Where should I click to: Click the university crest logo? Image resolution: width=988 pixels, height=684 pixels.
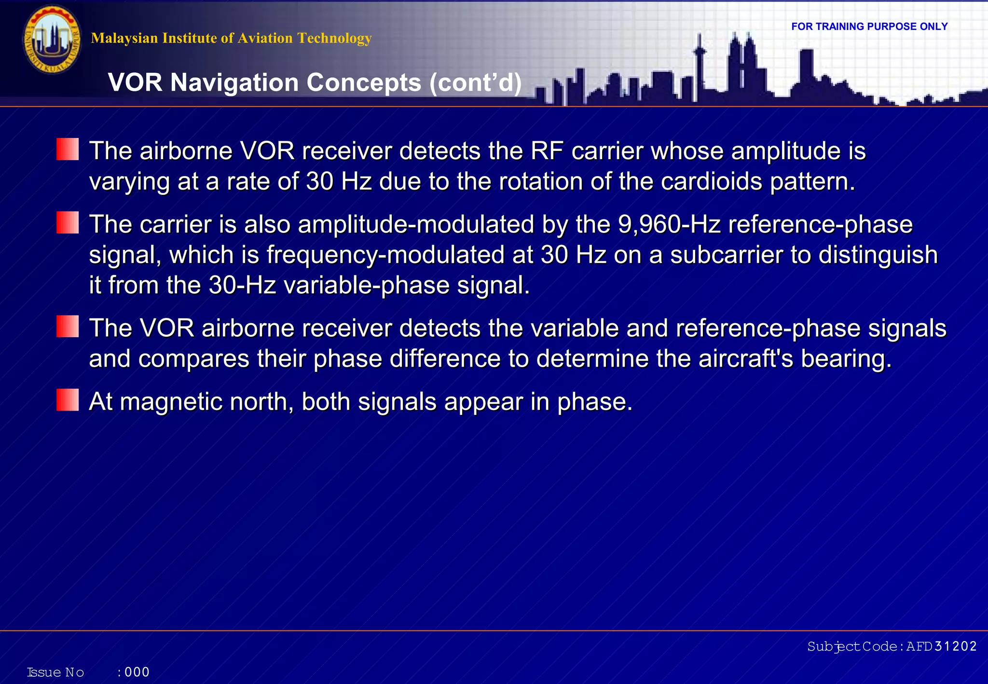click(x=52, y=40)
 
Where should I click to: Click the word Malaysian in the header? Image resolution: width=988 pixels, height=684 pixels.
click(x=124, y=38)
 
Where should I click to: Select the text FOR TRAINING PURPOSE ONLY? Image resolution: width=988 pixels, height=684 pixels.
click(x=869, y=27)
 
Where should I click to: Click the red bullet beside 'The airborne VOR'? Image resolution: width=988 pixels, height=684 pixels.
click(x=68, y=149)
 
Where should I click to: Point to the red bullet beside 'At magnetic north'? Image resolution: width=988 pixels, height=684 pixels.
click(x=68, y=400)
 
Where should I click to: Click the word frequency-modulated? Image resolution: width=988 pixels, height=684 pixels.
click(x=385, y=255)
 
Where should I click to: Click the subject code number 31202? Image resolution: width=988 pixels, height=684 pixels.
click(x=955, y=646)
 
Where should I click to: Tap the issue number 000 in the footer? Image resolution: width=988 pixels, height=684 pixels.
click(x=137, y=672)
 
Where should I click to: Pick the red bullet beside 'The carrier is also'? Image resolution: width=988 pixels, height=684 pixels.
click(x=68, y=222)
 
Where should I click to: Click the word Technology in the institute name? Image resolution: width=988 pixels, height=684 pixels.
click(x=334, y=38)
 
